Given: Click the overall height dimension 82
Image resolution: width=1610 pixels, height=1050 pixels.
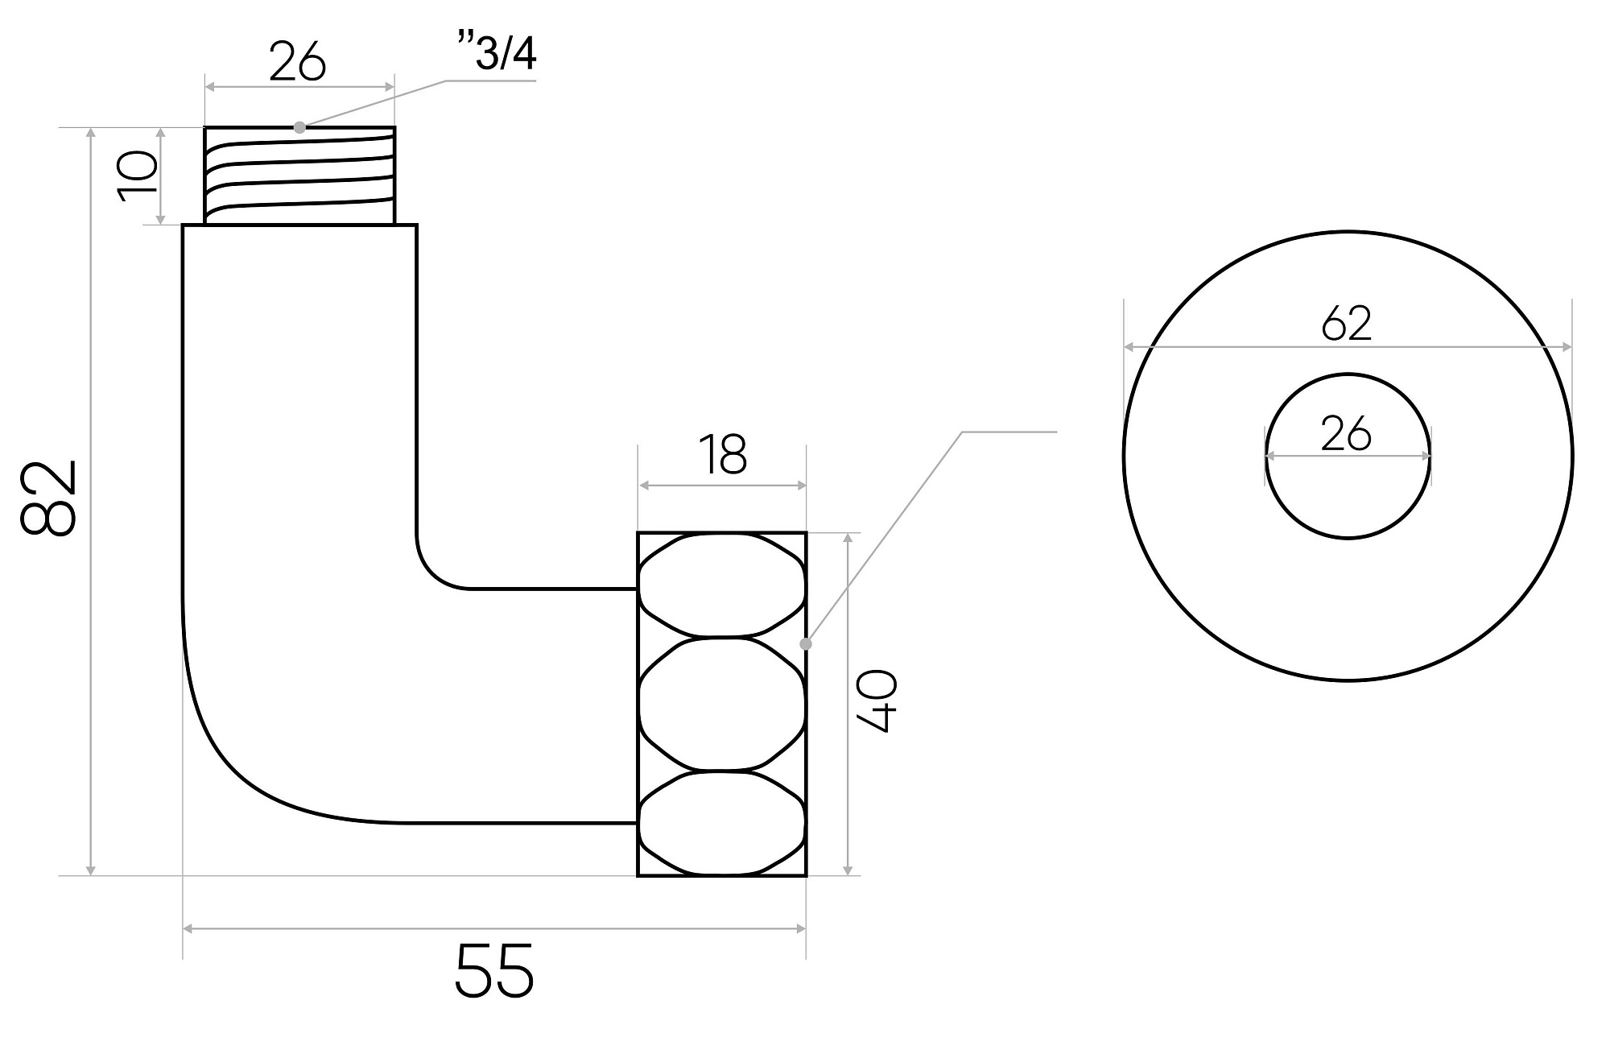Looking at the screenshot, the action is click(x=47, y=498).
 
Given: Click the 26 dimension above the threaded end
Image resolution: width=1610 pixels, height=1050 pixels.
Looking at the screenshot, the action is click(x=297, y=61).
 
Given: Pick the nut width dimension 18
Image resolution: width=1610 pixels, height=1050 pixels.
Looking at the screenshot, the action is click(x=722, y=454).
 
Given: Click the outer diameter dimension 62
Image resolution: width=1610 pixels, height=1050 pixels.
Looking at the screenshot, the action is click(x=1347, y=323).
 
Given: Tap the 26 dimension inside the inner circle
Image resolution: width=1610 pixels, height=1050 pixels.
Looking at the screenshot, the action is click(x=1347, y=434).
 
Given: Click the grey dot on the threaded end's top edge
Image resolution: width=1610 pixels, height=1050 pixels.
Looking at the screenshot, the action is click(x=299, y=127).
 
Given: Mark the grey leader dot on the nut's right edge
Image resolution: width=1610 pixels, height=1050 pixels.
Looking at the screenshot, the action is click(x=806, y=644).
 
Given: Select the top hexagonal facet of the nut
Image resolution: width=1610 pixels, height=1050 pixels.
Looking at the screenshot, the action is click(x=722, y=585).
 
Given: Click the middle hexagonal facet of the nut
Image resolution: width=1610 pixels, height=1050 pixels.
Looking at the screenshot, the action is click(x=722, y=704).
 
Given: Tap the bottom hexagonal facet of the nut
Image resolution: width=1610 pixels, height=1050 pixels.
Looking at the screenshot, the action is click(x=722, y=823).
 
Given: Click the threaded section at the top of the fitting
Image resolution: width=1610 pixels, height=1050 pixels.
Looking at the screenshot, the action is click(x=299, y=176).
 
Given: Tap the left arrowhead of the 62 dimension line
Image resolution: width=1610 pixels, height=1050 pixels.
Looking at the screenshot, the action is click(x=1129, y=347).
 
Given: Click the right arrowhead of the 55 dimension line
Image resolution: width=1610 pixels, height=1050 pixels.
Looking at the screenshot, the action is click(x=800, y=929).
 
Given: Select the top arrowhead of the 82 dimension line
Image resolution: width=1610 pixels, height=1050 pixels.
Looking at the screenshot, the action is click(x=91, y=134).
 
